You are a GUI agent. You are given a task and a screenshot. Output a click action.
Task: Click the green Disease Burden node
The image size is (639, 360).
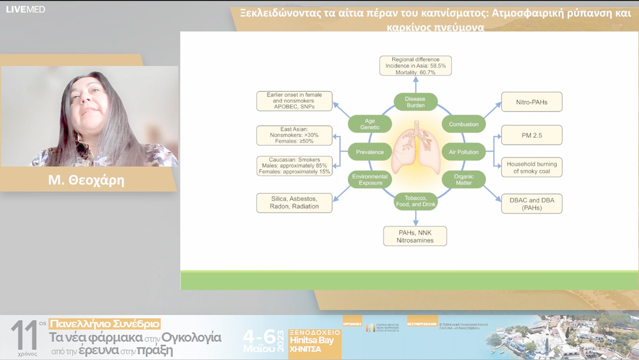[415, 102]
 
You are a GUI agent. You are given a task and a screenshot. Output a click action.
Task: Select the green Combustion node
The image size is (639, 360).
[463, 124]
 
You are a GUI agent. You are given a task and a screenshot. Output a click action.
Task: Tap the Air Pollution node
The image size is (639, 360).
[463, 152]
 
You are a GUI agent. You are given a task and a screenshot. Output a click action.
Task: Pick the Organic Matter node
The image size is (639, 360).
[463, 179]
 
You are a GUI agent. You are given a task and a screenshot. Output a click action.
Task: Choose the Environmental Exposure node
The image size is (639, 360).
[370, 179]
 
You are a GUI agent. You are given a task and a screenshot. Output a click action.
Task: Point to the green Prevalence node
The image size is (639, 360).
[370, 152]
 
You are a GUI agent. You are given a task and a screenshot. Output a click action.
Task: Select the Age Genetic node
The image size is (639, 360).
[370, 124]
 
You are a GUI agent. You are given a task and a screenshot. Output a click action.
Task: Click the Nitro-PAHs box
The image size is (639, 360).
[531, 102]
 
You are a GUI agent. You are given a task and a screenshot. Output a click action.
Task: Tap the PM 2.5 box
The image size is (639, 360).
[531, 135]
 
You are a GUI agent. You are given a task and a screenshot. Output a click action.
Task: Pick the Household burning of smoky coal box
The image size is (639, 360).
[531, 167]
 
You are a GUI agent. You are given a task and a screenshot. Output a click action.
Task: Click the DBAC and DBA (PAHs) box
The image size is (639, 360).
[531, 203]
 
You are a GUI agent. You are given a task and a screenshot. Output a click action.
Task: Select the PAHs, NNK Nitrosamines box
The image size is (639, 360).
[415, 236]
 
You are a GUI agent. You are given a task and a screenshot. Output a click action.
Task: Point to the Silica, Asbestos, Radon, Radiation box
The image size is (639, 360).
[293, 202]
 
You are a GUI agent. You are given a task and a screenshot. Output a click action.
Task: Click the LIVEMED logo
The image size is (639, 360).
[25, 9]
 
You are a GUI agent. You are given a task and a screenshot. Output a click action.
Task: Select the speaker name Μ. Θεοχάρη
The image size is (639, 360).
[86, 181]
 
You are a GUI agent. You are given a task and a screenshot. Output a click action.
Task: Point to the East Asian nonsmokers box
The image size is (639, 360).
[293, 135]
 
